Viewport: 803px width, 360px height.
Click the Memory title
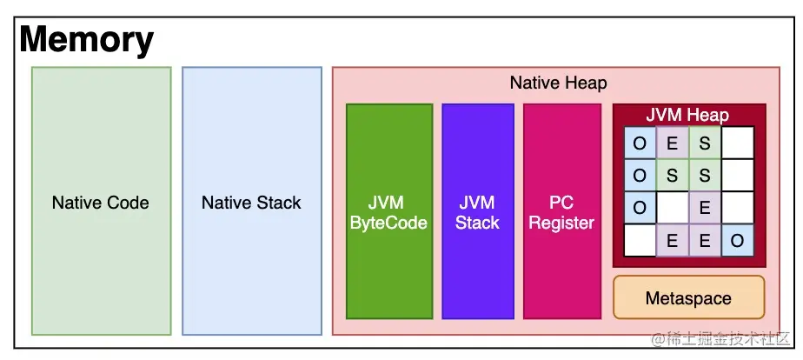point(86,40)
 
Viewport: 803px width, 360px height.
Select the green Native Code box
point(101,202)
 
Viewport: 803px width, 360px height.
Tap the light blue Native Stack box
point(251,202)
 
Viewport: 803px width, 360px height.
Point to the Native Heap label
point(558,83)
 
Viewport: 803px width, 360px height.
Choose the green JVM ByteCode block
point(388,212)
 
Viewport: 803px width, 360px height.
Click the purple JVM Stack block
point(477,212)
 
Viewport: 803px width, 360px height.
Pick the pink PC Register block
point(561,212)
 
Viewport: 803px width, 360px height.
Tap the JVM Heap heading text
point(687,115)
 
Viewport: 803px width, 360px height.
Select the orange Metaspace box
point(688,298)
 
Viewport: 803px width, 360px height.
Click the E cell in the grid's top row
point(672,143)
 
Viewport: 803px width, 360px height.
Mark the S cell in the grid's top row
point(705,143)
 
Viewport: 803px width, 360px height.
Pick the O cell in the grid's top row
point(640,143)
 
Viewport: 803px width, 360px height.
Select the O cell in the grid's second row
point(640,176)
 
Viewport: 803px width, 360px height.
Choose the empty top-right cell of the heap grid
point(737,143)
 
